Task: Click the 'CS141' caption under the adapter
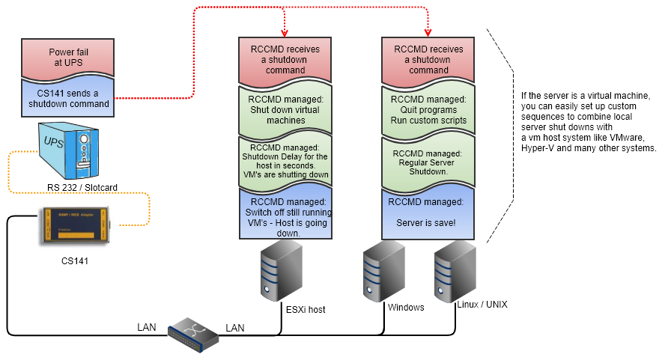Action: pyautogui.click(x=73, y=261)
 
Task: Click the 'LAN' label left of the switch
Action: pyautogui.click(x=148, y=327)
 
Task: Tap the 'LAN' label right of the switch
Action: pyautogui.click(x=235, y=327)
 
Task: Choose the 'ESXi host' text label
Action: pyautogui.click(x=306, y=309)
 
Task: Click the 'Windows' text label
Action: pyautogui.click(x=406, y=308)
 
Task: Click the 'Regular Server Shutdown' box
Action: pyautogui.click(x=428, y=162)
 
